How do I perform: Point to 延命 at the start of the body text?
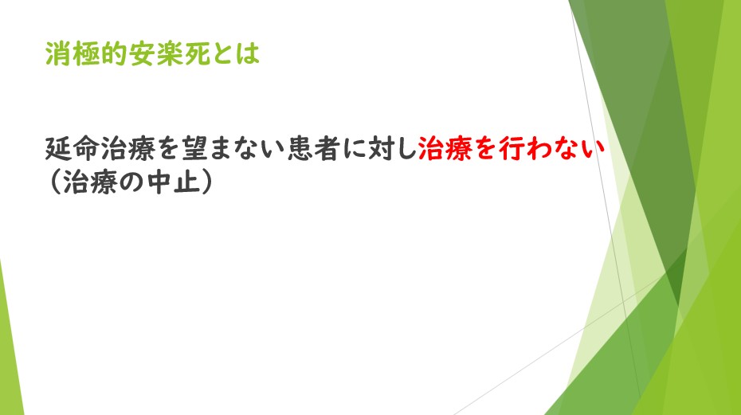click(73, 148)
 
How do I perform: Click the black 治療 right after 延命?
click(128, 148)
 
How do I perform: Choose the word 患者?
click(315, 148)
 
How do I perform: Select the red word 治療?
click(445, 148)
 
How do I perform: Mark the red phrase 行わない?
click(552, 148)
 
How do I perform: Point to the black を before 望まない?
click(169, 149)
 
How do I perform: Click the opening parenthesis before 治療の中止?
click(54, 182)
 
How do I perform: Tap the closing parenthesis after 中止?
click(206, 182)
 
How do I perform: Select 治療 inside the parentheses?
click(90, 182)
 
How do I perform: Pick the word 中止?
click(173, 182)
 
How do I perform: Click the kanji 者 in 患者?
click(329, 148)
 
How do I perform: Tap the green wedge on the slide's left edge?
click(10, 350)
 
